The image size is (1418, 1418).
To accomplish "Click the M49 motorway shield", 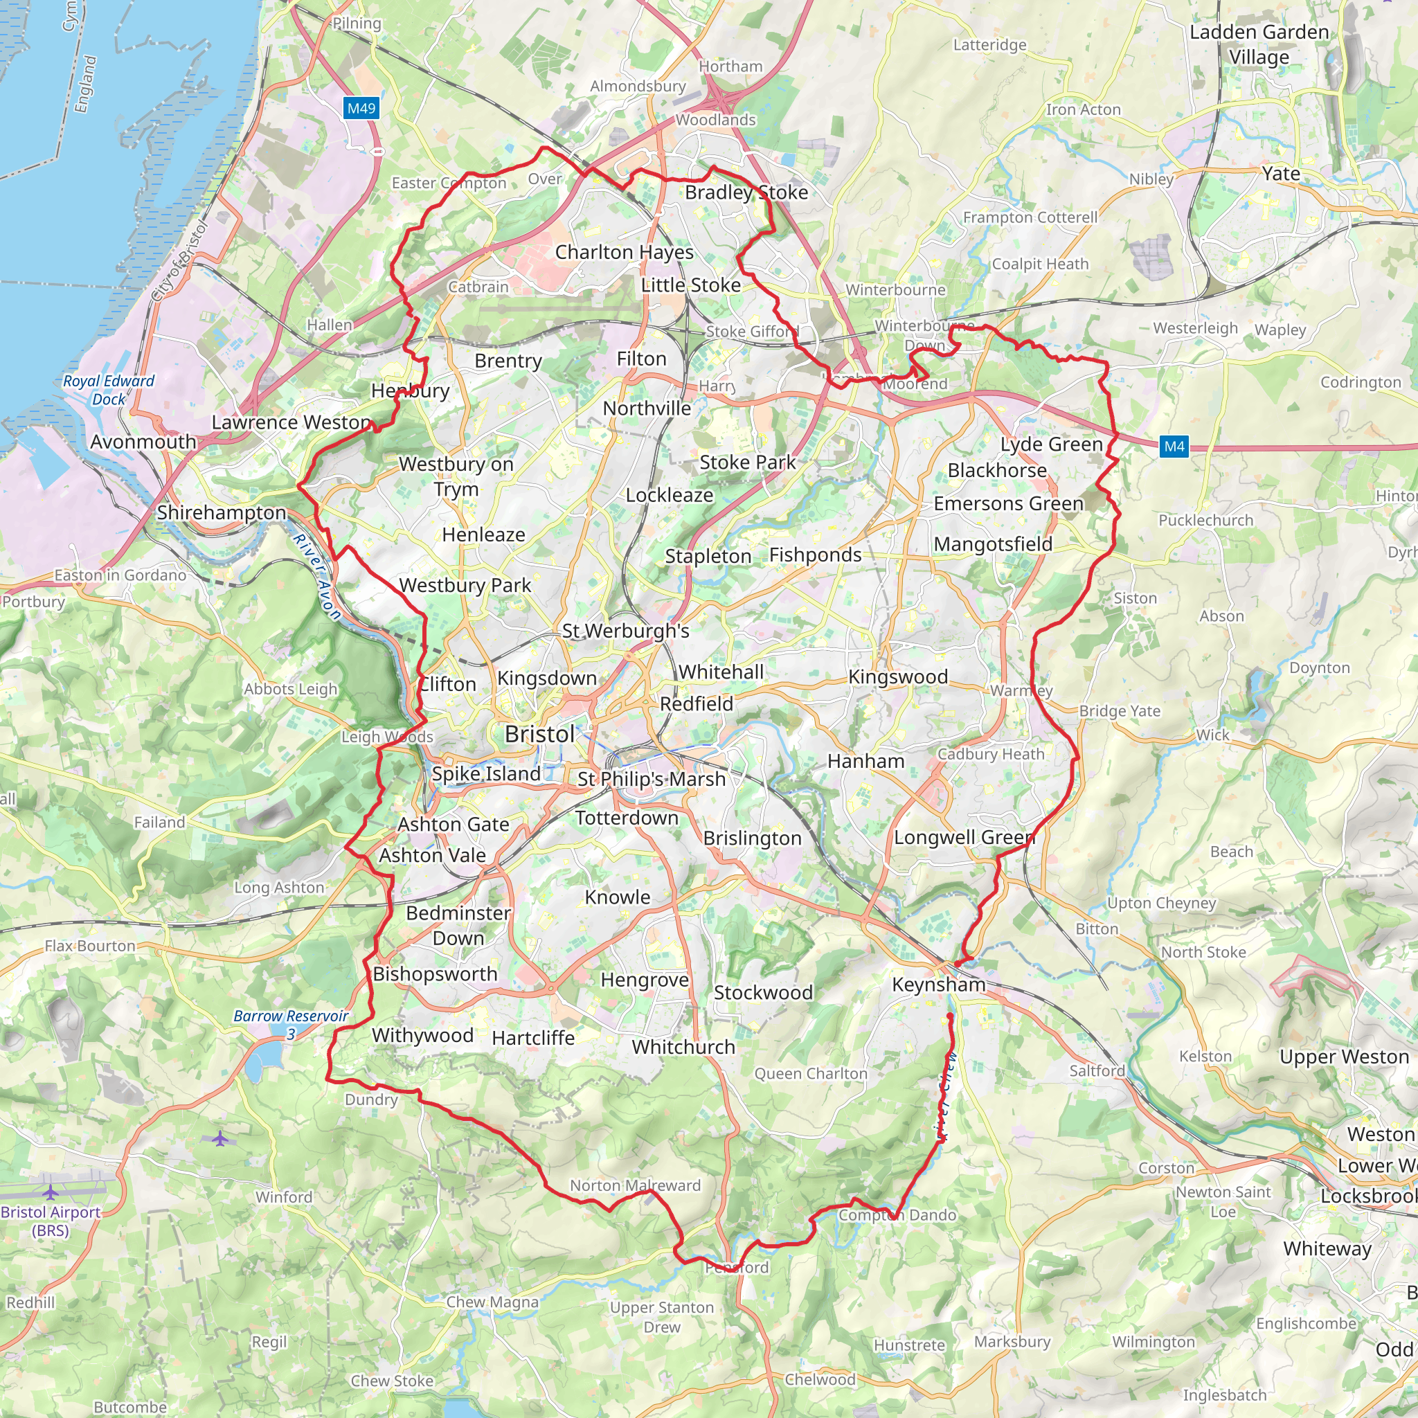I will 361,109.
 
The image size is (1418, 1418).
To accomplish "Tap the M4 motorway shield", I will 1174,447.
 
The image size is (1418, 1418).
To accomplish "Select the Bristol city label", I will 539,734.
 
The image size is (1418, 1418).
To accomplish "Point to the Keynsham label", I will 939,985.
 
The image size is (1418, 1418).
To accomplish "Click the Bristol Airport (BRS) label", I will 50,1221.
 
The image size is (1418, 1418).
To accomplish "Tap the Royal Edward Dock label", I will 109,390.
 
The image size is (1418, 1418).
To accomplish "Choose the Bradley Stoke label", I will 746,192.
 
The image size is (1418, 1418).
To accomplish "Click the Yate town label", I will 1281,173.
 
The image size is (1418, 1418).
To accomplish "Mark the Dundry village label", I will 371,1100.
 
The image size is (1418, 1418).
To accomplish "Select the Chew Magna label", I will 492,1302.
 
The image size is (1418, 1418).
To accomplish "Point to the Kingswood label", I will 897,676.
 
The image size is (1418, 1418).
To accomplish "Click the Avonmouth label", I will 143,442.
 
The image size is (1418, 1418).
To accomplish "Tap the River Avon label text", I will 317,577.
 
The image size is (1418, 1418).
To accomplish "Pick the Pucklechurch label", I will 1206,521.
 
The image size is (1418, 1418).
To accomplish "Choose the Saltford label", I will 1097,1071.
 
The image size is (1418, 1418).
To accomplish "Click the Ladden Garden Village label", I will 1259,44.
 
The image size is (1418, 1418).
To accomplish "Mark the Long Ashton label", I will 279,888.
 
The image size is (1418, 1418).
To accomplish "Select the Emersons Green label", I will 1008,503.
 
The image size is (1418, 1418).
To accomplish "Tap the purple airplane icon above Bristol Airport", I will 220,1138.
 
